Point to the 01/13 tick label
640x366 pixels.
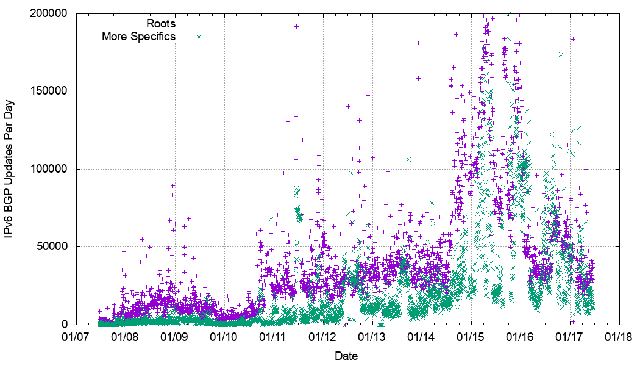click(372, 336)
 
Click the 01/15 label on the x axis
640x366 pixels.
click(471, 336)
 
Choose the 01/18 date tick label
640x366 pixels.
click(619, 336)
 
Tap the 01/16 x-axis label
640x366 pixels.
click(521, 336)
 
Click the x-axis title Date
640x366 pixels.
click(346, 356)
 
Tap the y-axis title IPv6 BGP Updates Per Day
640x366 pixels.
click(10, 168)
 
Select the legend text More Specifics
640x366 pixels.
click(138, 37)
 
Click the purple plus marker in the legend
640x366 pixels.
click(198, 24)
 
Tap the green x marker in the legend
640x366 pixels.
click(198, 37)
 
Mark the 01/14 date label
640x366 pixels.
click(422, 336)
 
